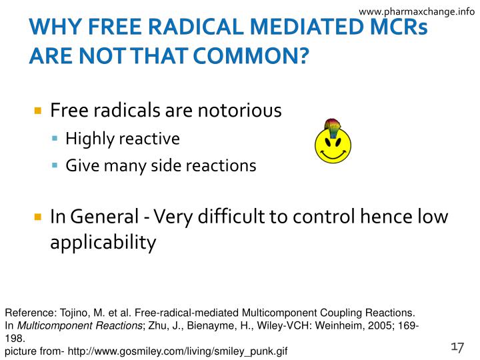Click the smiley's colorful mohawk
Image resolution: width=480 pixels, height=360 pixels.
point(331,127)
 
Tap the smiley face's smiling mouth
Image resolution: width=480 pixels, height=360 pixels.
point(333,153)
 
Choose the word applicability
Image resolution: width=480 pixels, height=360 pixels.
point(103,242)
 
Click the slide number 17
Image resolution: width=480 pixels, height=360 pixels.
point(457,347)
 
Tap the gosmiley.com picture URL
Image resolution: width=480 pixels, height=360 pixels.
point(177,351)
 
